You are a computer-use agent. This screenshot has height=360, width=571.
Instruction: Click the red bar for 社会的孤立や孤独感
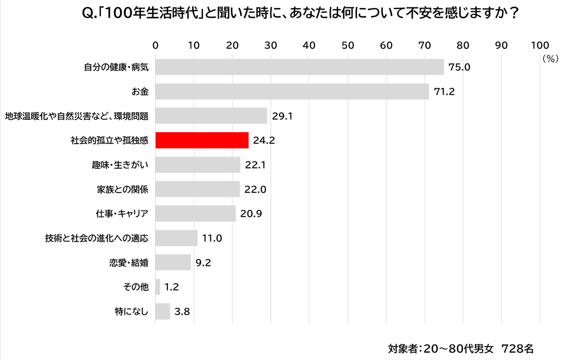click(x=202, y=140)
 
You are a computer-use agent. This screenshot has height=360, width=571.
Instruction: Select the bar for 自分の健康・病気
click(x=299, y=67)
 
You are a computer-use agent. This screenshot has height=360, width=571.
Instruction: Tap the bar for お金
click(x=292, y=92)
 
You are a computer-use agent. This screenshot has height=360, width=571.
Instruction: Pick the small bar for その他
click(x=158, y=287)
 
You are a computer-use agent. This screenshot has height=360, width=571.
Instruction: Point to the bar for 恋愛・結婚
click(x=173, y=262)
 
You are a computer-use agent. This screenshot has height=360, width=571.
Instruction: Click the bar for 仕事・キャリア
click(x=195, y=214)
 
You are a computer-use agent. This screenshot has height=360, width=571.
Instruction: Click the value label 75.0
click(x=459, y=67)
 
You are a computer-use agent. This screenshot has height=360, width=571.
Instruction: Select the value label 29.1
click(x=282, y=116)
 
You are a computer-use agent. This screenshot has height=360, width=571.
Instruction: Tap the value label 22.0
click(x=255, y=190)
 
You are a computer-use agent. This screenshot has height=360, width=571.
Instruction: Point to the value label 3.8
click(x=182, y=312)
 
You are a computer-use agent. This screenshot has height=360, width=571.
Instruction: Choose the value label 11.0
click(x=212, y=238)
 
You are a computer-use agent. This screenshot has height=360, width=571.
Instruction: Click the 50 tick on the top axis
click(x=348, y=45)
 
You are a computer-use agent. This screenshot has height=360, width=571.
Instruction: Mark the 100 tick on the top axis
click(x=540, y=45)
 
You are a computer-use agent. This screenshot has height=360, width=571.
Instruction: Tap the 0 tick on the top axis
click(x=155, y=45)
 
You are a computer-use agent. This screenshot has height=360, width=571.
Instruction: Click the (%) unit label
click(x=550, y=59)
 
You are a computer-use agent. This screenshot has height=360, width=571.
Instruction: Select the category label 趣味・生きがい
click(x=120, y=165)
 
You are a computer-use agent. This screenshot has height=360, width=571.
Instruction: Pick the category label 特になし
click(x=132, y=312)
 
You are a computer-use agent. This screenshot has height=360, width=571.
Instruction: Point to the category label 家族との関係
click(x=123, y=190)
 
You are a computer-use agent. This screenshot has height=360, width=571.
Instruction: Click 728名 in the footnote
click(x=517, y=349)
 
